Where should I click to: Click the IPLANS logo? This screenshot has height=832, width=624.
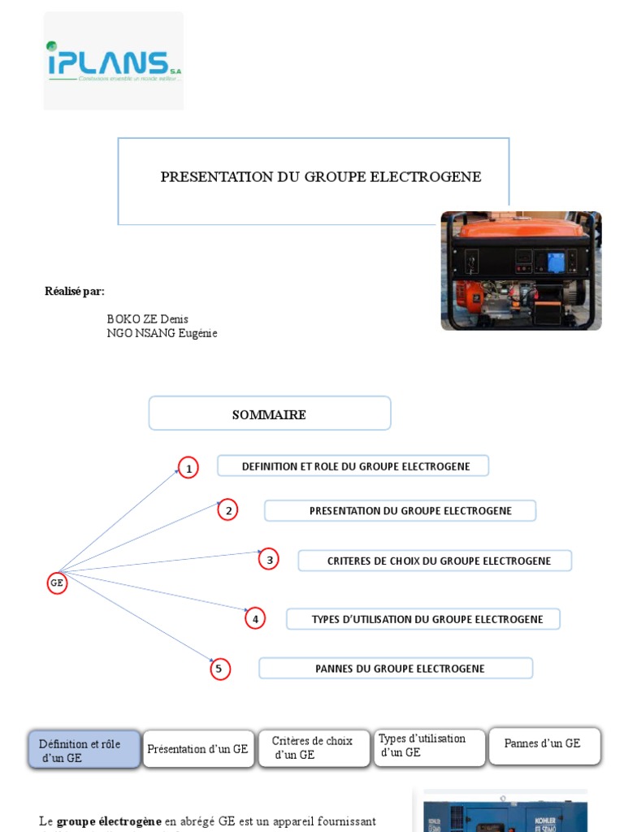coord(113,62)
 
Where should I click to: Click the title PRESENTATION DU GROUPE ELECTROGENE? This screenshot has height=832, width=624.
coord(321,177)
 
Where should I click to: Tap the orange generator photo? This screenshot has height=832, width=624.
coord(521,271)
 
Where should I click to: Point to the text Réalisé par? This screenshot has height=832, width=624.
coord(75,292)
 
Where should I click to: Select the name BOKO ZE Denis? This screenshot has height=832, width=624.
coord(147,319)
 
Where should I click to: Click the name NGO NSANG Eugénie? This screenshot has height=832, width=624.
coord(162,333)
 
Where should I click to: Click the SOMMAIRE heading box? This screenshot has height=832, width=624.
coord(269,414)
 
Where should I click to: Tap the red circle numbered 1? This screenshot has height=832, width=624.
coord(188,469)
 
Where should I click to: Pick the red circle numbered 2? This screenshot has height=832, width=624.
coord(229,510)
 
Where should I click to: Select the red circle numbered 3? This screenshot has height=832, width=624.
coord(269,560)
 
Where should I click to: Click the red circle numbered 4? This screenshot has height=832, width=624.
coord(255,619)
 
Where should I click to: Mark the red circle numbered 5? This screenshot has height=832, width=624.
coord(219,669)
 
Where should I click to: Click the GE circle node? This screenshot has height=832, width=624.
coord(57,583)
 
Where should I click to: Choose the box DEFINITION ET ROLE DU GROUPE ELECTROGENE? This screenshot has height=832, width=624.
coord(353,466)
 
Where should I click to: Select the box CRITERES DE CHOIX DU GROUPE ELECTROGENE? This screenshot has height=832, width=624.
coord(435,561)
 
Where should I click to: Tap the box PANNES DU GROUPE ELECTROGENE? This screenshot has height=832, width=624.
coord(396,669)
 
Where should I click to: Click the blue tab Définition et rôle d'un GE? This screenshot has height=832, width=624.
coord(84,750)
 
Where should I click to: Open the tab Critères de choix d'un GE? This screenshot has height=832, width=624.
coord(314,748)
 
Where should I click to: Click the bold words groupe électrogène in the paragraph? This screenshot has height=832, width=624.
coord(109,821)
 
